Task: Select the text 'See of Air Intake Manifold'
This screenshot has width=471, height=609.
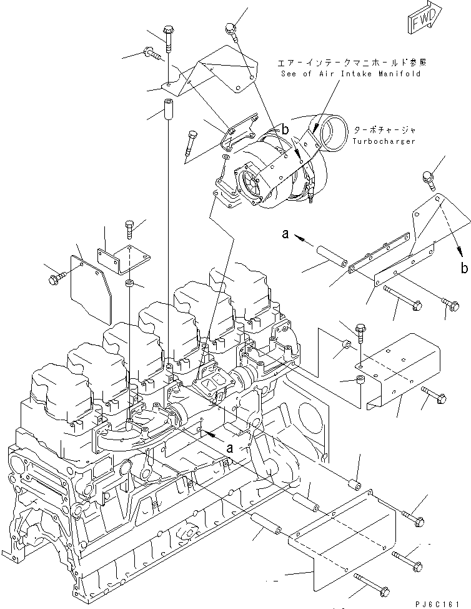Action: point(350,74)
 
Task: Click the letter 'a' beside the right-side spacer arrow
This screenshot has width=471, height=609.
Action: point(285,234)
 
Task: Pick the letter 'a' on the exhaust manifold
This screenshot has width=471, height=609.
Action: point(230,448)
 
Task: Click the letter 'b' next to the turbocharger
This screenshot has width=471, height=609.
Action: point(285,130)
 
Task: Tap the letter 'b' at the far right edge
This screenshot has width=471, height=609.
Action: point(463,269)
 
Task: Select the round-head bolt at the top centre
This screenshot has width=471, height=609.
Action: point(231,28)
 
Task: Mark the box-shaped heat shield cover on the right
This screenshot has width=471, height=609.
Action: point(400,372)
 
